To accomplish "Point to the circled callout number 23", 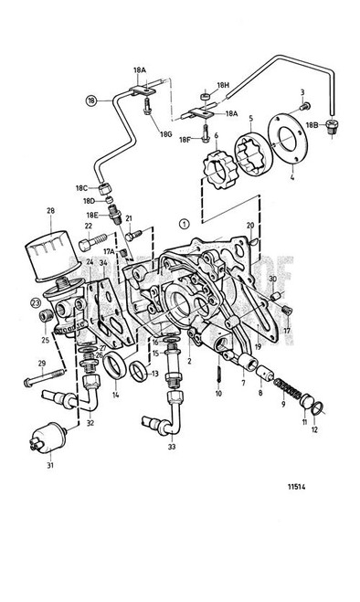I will [x=36, y=302].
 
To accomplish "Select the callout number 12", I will [x=315, y=429].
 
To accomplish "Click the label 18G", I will [x=165, y=133].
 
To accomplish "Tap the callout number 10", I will [x=219, y=394].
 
